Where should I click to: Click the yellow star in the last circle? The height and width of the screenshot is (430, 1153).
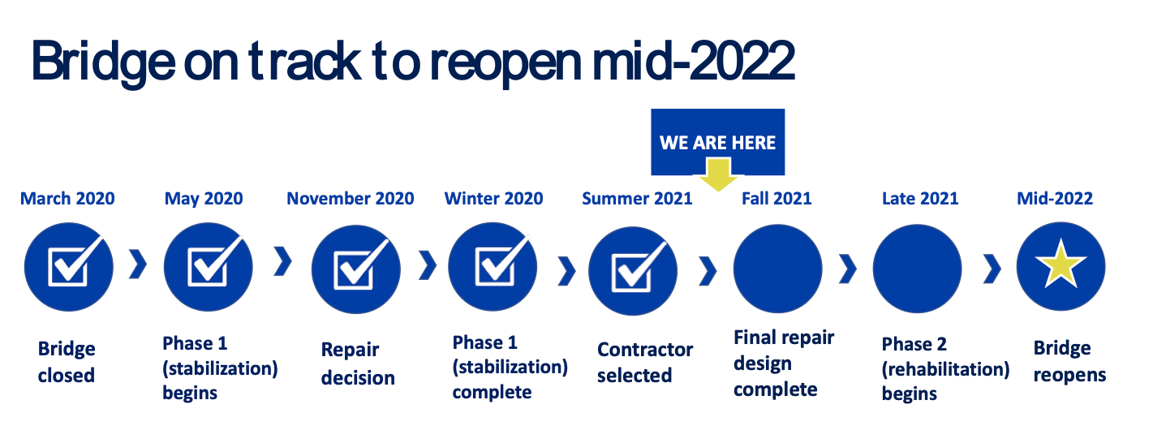coord(1061,267)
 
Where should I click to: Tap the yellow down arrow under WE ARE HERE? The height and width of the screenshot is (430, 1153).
coord(717,174)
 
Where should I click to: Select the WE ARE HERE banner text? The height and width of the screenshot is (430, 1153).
coord(717,143)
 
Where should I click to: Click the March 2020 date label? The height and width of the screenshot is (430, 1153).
coord(67,199)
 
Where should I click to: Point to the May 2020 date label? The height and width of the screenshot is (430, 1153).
coord(204,199)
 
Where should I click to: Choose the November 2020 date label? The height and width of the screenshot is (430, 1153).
coord(350,199)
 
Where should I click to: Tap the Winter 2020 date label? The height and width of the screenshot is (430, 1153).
coord(493,199)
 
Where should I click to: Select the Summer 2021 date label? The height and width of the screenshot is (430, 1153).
coord(637,199)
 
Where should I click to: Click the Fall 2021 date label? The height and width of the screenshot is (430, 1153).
coord(777,199)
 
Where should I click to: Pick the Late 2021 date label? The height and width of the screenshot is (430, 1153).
coord(920,199)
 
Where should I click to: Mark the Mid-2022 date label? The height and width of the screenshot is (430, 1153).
coord(1055,199)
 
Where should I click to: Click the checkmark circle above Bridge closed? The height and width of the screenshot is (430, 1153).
coord(68,268)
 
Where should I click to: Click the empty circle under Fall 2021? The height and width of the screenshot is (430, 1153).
coord(777,269)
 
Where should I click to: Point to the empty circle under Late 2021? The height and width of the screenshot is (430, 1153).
coord(917,269)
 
